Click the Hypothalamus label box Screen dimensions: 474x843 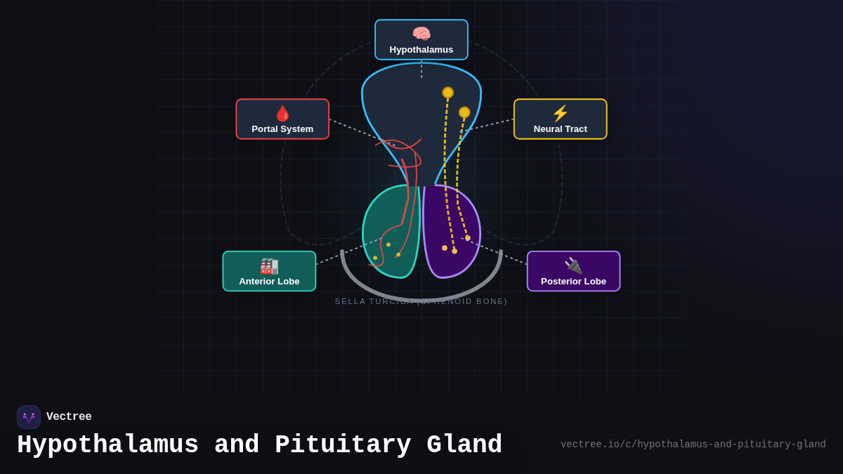tap(421, 40)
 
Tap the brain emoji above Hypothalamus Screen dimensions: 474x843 tap(421, 34)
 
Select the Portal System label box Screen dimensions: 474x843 tap(282, 119)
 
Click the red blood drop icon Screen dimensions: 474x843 tap(282, 113)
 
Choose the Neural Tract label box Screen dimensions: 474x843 tap(560, 119)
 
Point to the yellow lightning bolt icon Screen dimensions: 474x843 tap(560, 113)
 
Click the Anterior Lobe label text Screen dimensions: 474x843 tap(269, 282)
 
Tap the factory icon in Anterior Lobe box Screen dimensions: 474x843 tap(269, 266)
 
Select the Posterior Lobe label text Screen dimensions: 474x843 tap(573, 282)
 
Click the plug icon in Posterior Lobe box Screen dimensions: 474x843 tap(573, 265)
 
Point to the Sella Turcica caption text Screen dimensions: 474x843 tap(421, 301)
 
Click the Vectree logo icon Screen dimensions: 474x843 tap(29, 417)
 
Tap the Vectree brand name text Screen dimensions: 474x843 tap(69, 417)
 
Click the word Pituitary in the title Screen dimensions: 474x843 tap(343, 445)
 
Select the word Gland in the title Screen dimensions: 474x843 tap(464, 445)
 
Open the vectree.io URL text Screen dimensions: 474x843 tap(693, 445)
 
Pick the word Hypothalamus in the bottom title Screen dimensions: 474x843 tap(107, 445)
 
